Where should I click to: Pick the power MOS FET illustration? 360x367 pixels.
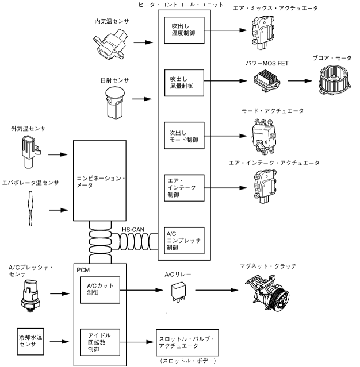pos(268,81)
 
